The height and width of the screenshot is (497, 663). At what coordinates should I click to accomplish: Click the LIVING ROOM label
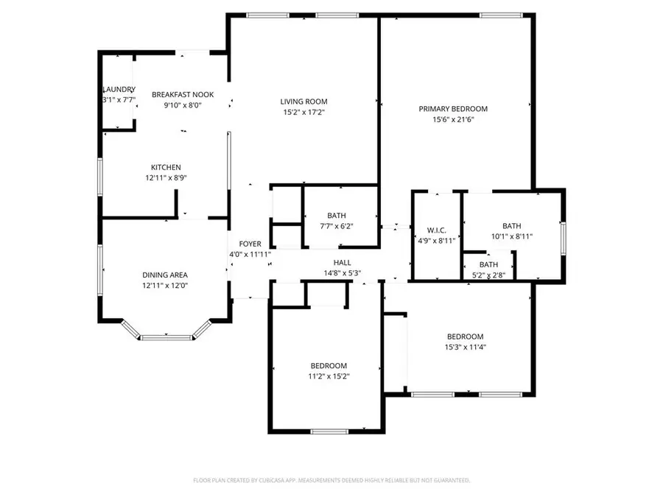tap(304, 102)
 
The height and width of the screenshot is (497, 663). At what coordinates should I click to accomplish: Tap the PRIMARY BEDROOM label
tap(453, 109)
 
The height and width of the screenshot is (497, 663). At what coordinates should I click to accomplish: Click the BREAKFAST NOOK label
tap(182, 94)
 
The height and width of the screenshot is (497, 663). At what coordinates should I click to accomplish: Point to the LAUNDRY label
tap(119, 90)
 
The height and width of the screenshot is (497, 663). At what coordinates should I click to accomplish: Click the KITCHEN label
tap(166, 167)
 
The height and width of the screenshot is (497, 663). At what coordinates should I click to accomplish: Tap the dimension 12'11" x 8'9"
tap(166, 177)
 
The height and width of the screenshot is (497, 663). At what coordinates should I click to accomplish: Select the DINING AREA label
tap(166, 274)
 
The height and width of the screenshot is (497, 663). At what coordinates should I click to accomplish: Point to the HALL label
tap(342, 262)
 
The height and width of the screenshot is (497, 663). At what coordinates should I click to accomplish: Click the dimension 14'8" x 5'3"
tap(342, 272)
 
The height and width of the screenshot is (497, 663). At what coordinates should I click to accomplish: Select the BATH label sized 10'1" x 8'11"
tap(512, 226)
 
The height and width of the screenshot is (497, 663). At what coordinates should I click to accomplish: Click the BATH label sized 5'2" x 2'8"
tap(488, 264)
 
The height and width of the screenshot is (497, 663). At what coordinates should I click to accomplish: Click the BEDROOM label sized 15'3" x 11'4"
tap(465, 336)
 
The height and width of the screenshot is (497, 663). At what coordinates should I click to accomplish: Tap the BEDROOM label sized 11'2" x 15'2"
tap(328, 366)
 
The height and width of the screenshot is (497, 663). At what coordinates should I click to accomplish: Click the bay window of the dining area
tap(166, 337)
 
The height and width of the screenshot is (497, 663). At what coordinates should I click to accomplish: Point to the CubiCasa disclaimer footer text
tap(331, 480)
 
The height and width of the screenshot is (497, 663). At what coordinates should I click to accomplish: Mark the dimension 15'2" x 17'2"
tap(304, 112)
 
